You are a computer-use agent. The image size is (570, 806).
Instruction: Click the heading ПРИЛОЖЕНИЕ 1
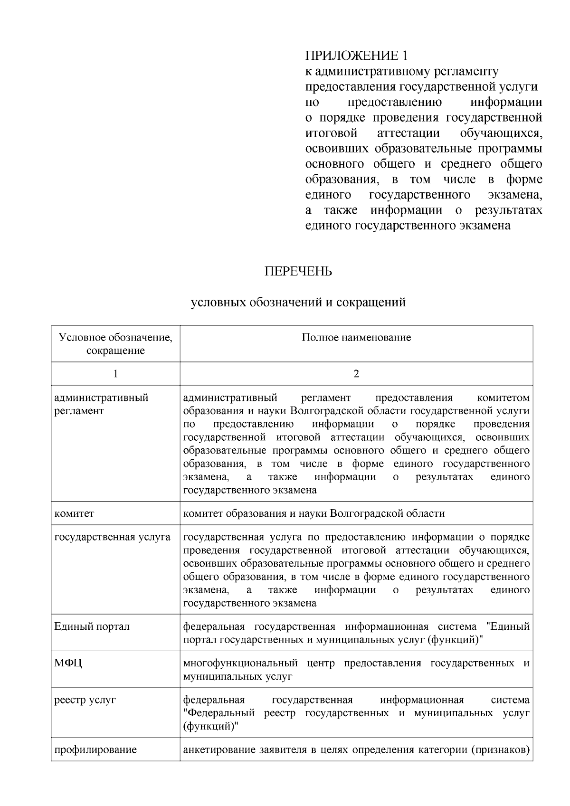(356, 56)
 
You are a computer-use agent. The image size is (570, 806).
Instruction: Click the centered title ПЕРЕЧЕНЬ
(298, 271)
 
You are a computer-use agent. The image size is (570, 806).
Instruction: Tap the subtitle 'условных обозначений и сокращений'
(298, 302)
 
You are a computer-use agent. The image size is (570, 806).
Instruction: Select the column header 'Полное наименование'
(356, 338)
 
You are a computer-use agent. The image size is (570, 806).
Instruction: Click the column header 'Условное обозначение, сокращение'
(115, 344)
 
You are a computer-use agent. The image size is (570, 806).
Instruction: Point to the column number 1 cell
(115, 374)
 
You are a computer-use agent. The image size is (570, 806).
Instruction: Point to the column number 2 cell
(356, 374)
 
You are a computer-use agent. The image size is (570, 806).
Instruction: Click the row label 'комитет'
(75, 513)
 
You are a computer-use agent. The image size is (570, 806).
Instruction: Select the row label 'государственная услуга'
(112, 537)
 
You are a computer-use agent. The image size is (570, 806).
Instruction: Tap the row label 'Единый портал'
(92, 626)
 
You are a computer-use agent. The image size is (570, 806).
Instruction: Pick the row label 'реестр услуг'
(85, 700)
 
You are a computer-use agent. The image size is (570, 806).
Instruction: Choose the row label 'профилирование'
(95, 750)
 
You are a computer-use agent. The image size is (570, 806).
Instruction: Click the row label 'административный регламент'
(101, 404)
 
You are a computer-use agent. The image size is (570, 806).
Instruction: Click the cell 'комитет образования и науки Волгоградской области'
(314, 513)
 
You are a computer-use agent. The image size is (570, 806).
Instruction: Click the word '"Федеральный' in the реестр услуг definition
(219, 713)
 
